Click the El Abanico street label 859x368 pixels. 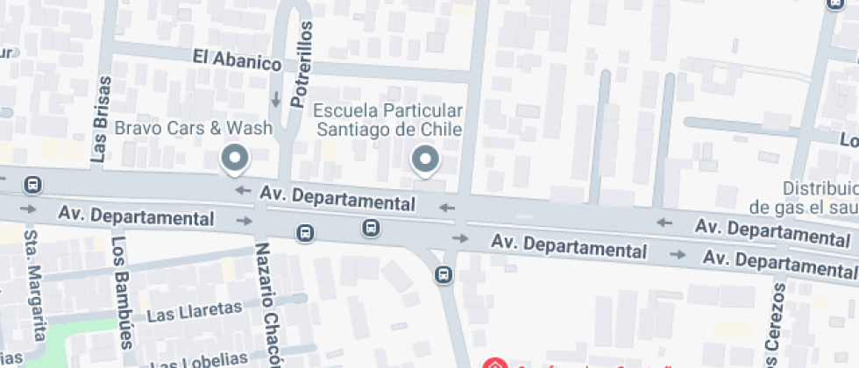pyautogui.click(x=237, y=60)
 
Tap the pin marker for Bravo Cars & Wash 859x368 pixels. pyautogui.click(x=234, y=159)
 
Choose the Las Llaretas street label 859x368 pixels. pyautogui.click(x=194, y=311)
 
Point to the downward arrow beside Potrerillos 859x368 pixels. pyautogui.click(x=276, y=99)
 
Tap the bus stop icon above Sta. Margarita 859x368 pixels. pyautogui.click(x=33, y=185)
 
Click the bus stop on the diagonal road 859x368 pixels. pyautogui.click(x=444, y=275)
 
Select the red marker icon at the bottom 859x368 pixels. pyautogui.click(x=494, y=363)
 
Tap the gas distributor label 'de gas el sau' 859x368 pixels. pyautogui.click(x=803, y=207)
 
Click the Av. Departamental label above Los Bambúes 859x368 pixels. pyautogui.click(x=136, y=215)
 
